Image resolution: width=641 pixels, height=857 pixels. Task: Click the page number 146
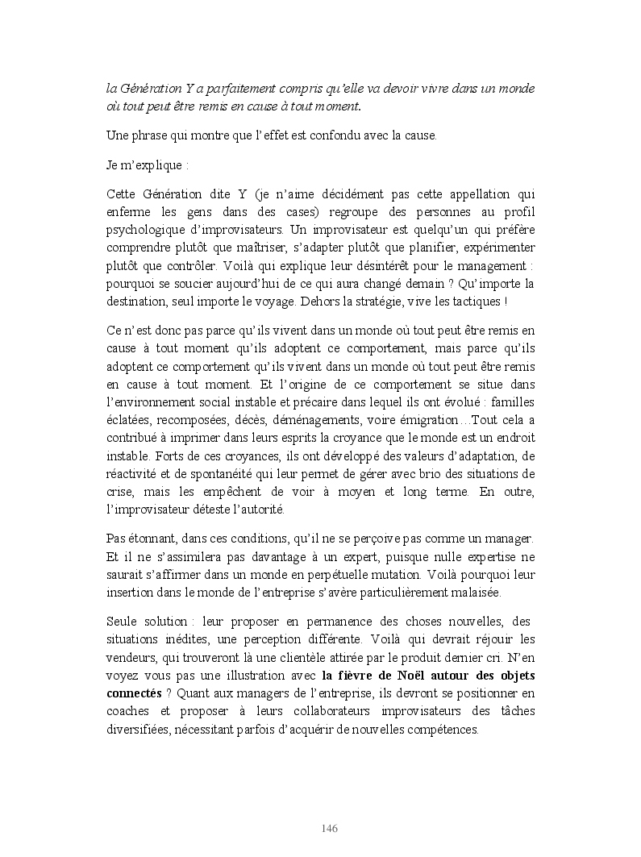point(329,829)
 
